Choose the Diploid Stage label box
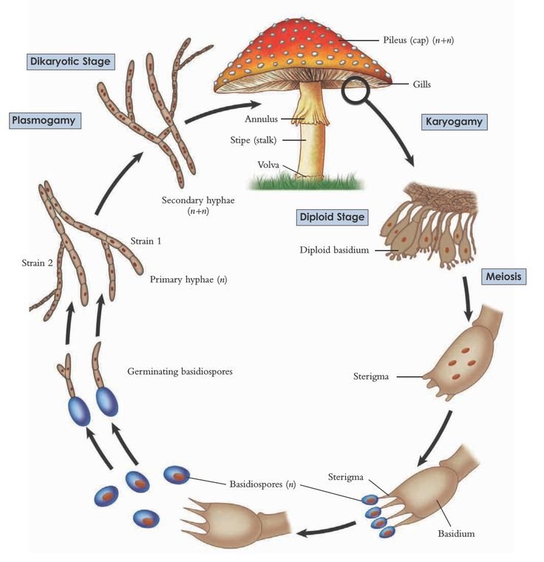coord(333,217)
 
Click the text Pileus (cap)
coord(406,39)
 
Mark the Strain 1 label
coord(146,240)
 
